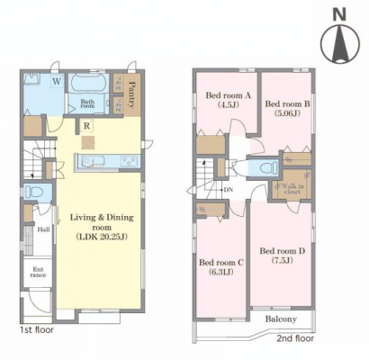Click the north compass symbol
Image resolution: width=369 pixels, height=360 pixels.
pyautogui.click(x=340, y=43)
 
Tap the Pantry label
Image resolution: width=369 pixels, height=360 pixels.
pyautogui.click(x=131, y=95)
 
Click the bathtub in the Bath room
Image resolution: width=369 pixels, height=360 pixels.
pyautogui.click(x=87, y=82)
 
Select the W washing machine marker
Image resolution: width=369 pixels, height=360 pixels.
pyautogui.click(x=58, y=81)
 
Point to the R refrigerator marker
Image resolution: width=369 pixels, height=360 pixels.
pyautogui.click(x=86, y=126)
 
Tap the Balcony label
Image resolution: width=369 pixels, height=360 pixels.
pyautogui.click(x=281, y=319)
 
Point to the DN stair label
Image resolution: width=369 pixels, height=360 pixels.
pyautogui.click(x=229, y=190)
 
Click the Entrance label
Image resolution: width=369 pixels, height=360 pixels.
pyautogui.click(x=38, y=272)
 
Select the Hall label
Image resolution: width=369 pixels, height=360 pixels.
pyautogui.click(x=44, y=229)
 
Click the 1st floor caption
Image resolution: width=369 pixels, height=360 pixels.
pyautogui.click(x=37, y=330)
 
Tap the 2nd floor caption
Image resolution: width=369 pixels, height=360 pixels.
pyautogui.click(x=295, y=338)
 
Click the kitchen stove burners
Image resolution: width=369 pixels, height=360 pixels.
pyautogui.click(x=130, y=161)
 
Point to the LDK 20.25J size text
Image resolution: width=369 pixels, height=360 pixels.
pyautogui.click(x=102, y=237)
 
